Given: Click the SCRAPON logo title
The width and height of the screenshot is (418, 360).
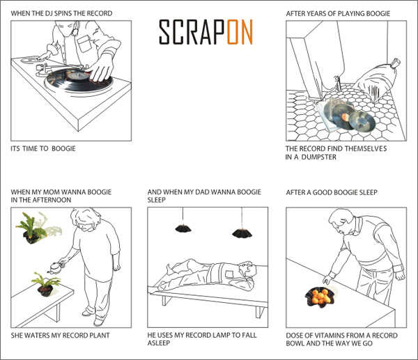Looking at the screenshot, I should pyautogui.click(x=206, y=32).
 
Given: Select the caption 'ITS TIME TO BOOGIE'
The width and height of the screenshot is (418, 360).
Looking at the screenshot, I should pyautogui.click(x=43, y=149).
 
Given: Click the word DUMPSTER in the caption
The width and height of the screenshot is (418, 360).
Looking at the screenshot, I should pyautogui.click(x=322, y=157).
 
